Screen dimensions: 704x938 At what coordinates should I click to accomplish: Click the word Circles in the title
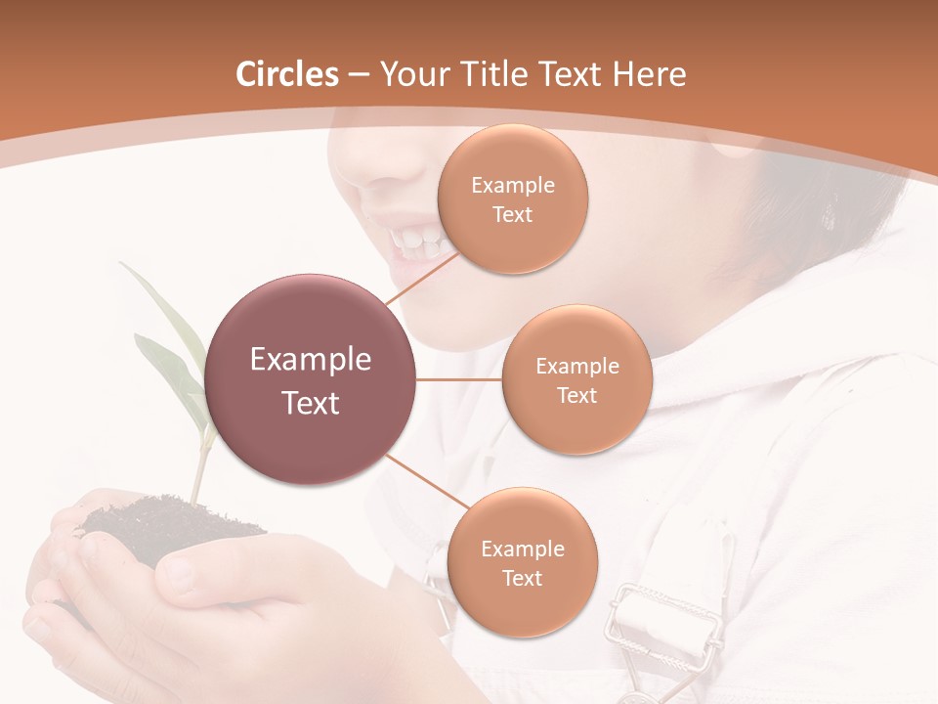tap(287, 74)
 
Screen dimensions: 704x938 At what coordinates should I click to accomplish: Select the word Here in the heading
tap(650, 74)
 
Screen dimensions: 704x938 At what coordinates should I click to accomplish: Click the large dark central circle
tap(311, 379)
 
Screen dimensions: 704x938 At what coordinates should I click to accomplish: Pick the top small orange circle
tap(512, 198)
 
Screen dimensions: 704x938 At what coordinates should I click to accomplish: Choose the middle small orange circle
tap(576, 379)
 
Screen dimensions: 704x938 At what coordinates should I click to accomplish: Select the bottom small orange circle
tap(522, 562)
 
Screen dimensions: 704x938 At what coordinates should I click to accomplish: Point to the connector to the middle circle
tap(459, 379)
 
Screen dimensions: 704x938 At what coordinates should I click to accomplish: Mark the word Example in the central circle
tap(311, 360)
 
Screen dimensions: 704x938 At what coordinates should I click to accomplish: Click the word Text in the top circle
tap(512, 214)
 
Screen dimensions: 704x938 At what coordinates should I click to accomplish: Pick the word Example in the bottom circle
tap(522, 549)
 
